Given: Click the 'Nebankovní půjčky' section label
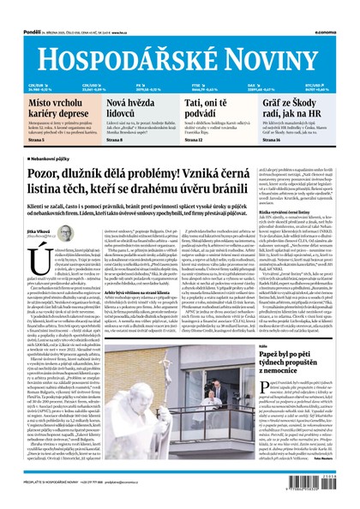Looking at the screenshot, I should pos(43,159).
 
